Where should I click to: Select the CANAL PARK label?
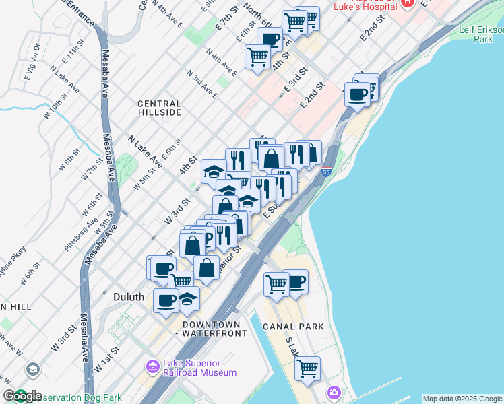[x=295, y=327]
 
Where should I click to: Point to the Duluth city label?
[x=124, y=296]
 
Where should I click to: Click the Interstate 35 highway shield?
[x=327, y=172]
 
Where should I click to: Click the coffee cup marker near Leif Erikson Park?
[x=358, y=94]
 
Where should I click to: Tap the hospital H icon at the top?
[x=406, y=3]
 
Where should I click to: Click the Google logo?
[x=22, y=396]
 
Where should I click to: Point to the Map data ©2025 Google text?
[x=462, y=399]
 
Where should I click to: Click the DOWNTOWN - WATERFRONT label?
[x=203, y=328]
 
